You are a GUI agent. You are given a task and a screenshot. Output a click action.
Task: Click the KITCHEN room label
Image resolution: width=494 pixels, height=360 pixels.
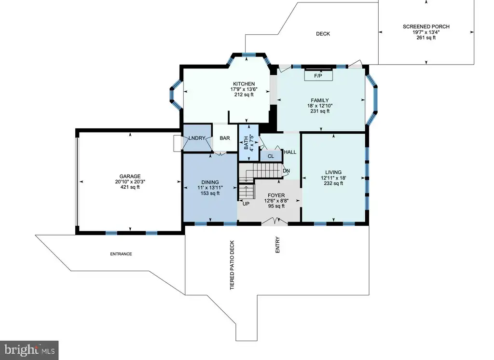click(244, 84)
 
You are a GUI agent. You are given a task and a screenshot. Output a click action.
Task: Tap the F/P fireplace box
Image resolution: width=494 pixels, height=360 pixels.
click(318, 76)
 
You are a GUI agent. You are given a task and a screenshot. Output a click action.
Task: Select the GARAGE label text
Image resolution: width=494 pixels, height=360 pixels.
click(130, 176)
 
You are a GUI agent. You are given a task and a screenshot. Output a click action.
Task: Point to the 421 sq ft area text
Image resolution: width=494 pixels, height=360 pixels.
click(130, 187)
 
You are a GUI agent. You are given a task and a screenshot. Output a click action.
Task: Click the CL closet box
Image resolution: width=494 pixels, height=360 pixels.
click(271, 156)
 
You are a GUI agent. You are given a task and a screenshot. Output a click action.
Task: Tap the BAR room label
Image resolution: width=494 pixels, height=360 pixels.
click(225, 138)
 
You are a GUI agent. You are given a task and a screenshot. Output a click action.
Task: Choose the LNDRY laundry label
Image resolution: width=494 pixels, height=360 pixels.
click(197, 138)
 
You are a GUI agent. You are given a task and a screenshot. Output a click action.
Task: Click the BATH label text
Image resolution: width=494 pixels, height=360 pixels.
click(246, 142)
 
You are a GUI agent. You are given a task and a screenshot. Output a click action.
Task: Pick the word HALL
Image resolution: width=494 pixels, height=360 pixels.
click(290, 152)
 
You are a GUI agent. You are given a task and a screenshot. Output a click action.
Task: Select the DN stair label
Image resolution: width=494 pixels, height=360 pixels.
click(286, 171)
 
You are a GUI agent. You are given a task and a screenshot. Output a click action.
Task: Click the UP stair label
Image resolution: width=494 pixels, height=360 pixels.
click(246, 204)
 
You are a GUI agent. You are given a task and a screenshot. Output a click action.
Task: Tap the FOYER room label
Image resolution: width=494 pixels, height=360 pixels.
click(276, 195)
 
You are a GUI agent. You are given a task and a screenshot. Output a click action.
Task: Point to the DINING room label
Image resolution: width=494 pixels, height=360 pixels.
click(210, 182)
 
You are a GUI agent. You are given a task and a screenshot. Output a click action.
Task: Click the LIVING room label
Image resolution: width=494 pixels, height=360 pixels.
click(333, 172)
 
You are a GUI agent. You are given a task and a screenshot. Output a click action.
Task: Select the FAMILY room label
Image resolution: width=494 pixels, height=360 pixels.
click(320, 100)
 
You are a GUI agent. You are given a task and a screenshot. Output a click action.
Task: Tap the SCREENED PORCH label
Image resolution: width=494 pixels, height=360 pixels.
click(426, 27)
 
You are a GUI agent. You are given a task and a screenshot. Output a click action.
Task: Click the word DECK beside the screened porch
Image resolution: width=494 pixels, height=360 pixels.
click(323, 34)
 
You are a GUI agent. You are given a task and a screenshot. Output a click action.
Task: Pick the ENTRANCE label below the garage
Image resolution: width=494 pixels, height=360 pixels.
click(121, 254)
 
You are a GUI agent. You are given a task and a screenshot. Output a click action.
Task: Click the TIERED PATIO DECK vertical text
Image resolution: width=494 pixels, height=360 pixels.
click(232, 265)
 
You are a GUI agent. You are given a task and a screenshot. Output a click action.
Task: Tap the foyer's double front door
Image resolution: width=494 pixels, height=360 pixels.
click(274, 221)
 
